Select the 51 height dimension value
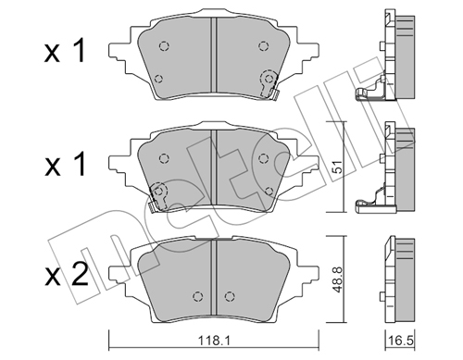pos(337,167)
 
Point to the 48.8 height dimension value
pos(338,279)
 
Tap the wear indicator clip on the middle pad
pos(156,196)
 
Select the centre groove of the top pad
pos(214,55)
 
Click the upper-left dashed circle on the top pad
pos(164,46)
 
